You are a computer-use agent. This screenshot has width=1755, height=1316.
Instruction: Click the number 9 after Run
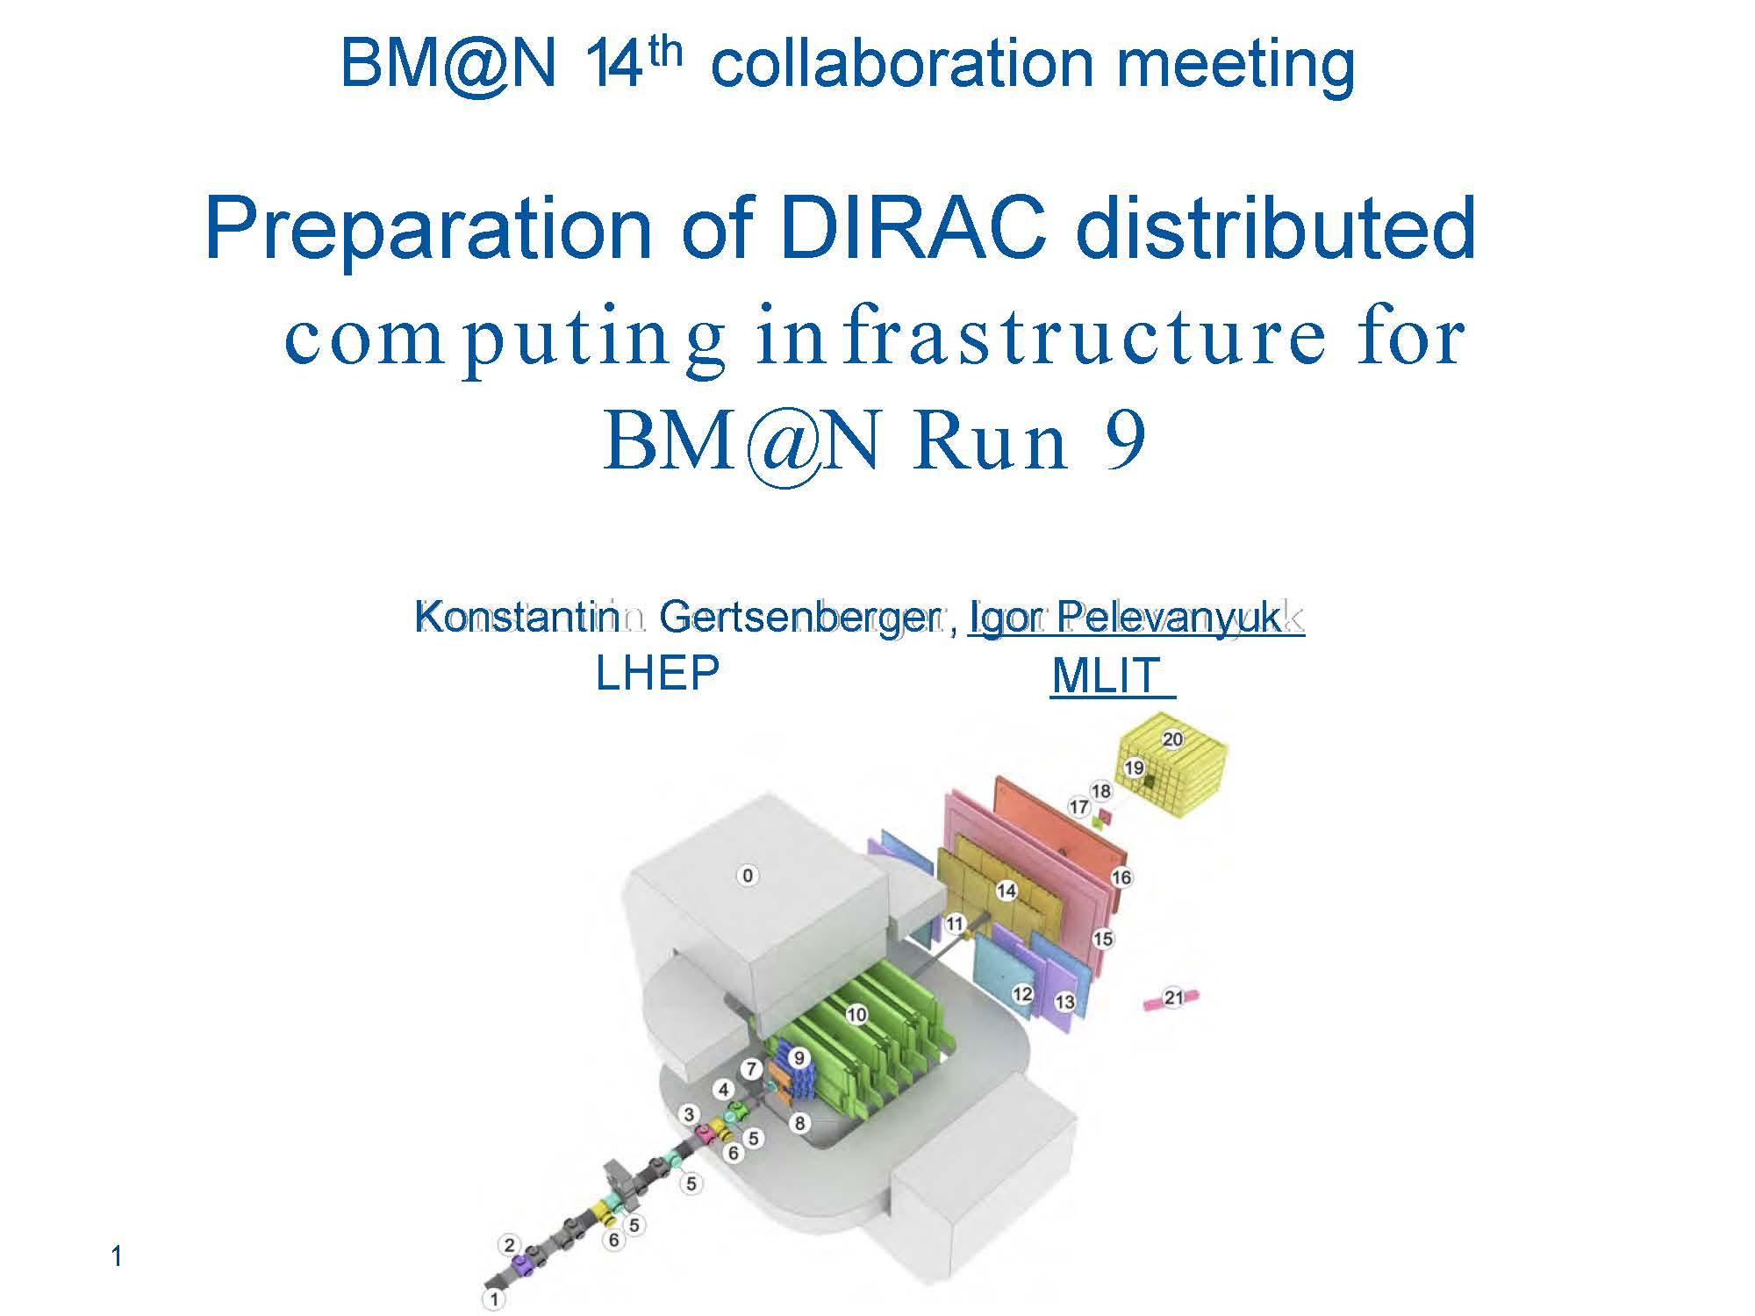pyautogui.click(x=1122, y=441)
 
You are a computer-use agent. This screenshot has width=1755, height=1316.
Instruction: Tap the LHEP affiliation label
pyautogui.click(x=657, y=674)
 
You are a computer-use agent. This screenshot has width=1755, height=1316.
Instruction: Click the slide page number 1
pyautogui.click(x=117, y=1257)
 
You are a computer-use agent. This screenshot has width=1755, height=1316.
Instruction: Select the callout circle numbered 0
pyautogui.click(x=748, y=875)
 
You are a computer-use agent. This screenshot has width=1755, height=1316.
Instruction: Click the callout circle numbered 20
pyautogui.click(x=1172, y=739)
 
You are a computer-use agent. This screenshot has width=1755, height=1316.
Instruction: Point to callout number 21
pyautogui.click(x=1174, y=997)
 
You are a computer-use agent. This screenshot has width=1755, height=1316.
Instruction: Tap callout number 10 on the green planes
pyautogui.click(x=856, y=1014)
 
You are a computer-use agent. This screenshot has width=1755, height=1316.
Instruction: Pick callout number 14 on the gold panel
pyautogui.click(x=1006, y=890)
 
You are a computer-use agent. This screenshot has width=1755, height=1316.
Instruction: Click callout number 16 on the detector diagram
pyautogui.click(x=1121, y=876)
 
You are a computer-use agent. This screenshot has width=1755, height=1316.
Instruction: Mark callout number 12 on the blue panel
pyautogui.click(x=1022, y=994)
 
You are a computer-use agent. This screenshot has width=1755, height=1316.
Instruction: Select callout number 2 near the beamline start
pyautogui.click(x=509, y=1244)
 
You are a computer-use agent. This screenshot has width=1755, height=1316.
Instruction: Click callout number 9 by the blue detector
pyautogui.click(x=799, y=1058)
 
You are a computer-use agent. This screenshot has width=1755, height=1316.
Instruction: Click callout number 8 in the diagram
pyautogui.click(x=799, y=1122)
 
